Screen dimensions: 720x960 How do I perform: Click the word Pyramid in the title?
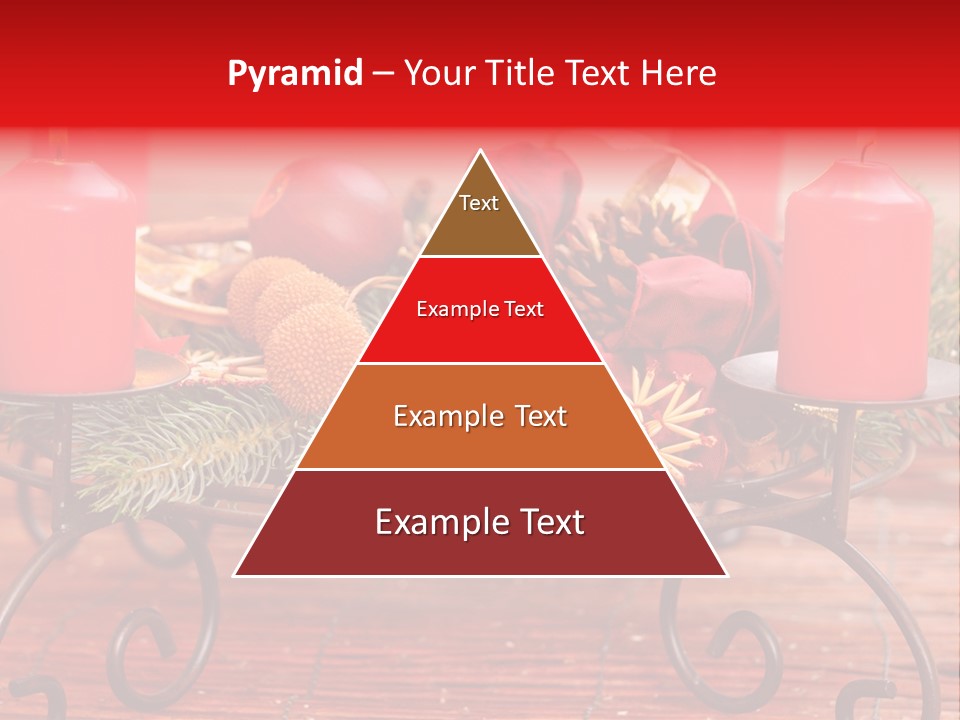295,74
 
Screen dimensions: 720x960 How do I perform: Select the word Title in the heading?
520,74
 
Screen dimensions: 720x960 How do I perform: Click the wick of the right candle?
866,153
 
